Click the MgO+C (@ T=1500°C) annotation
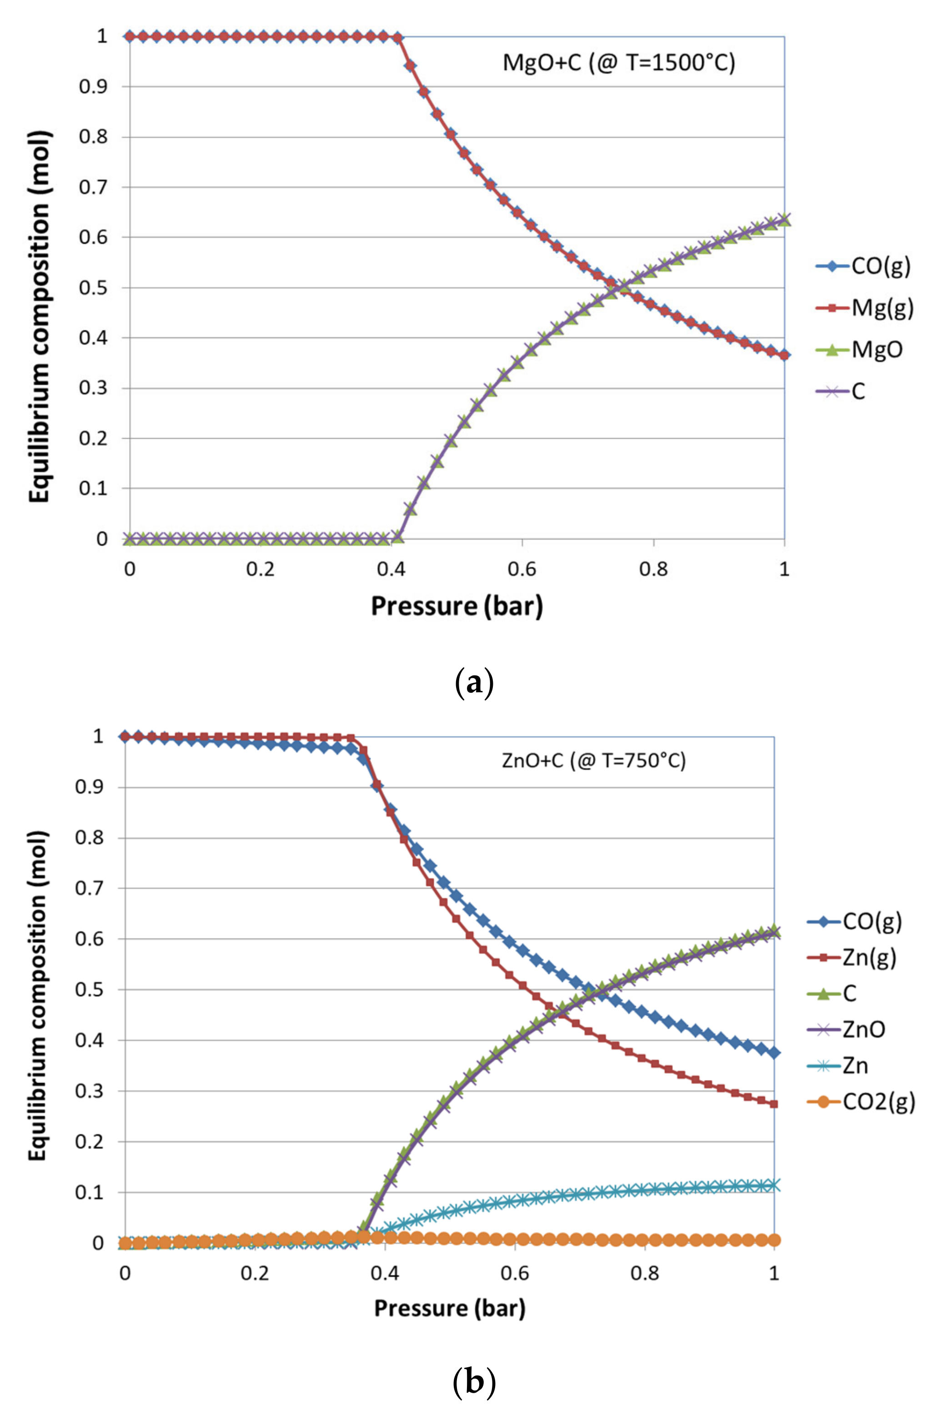(x=619, y=63)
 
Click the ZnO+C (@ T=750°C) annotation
(x=594, y=760)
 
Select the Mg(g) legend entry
(x=865, y=308)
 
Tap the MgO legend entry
(x=860, y=349)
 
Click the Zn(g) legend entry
(x=852, y=957)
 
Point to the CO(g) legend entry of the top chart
(x=863, y=266)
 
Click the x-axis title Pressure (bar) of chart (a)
(x=457, y=605)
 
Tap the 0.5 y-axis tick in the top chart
(x=93, y=287)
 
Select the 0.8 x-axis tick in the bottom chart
(x=645, y=1272)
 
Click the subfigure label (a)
(x=473, y=684)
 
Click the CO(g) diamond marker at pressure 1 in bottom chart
(x=774, y=1053)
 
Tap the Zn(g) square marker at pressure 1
(x=774, y=1104)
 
